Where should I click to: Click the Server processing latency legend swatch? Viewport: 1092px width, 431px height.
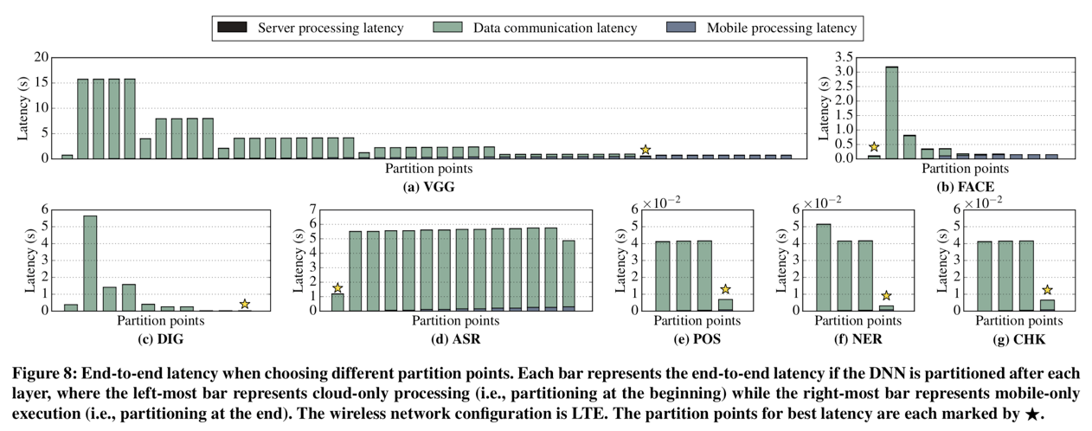coord(234,28)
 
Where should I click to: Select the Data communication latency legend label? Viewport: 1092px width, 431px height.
coord(555,28)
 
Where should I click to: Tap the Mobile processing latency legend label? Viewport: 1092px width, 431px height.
coord(781,28)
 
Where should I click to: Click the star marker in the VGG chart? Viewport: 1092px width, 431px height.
coord(646,150)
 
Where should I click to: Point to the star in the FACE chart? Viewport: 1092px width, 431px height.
coord(875,147)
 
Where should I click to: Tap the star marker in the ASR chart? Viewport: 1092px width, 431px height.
coord(337,288)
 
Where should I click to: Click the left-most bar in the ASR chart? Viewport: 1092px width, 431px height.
coord(337,302)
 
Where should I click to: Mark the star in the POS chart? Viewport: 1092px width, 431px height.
coord(725,289)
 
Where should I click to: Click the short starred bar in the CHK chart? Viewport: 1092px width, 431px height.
coord(1047,305)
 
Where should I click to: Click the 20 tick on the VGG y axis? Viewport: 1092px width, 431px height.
coord(40,58)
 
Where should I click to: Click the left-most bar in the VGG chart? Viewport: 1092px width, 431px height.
coord(67,157)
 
